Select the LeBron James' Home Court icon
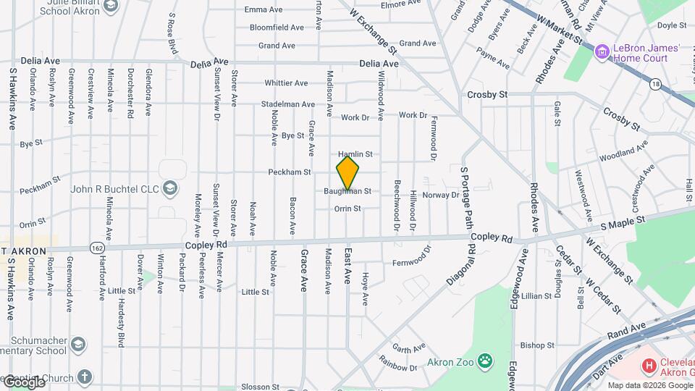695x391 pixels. [601, 52]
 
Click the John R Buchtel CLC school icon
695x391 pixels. [169, 190]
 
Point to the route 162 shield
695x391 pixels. [97, 248]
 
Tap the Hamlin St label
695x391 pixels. [355, 154]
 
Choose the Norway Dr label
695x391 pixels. [441, 195]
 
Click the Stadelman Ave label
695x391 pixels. [288, 104]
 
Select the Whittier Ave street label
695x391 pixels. [287, 83]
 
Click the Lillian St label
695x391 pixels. [536, 296]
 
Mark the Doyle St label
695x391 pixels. [671, 25]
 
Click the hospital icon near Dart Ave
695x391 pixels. [649, 366]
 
